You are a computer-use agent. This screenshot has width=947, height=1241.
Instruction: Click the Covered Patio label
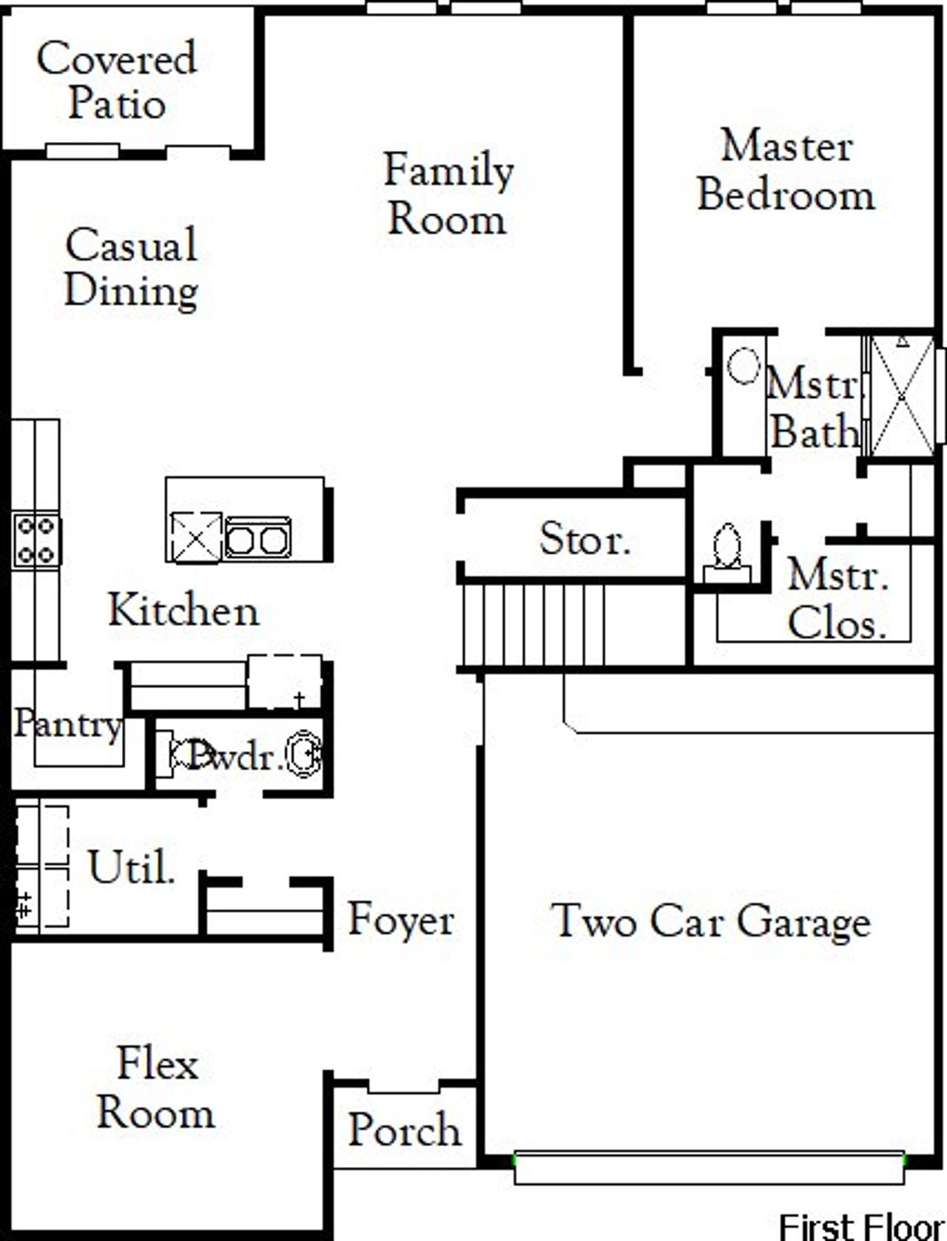(x=117, y=80)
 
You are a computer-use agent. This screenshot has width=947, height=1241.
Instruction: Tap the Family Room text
(x=448, y=194)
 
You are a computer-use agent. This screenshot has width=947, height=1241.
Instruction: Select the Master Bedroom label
(x=786, y=170)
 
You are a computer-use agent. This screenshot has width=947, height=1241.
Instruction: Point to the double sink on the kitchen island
(x=257, y=539)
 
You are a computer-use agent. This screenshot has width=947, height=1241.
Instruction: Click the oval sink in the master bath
(x=744, y=366)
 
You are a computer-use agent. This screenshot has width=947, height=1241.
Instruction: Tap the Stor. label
(x=584, y=539)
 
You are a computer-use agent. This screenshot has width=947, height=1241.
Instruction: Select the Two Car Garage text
(x=712, y=922)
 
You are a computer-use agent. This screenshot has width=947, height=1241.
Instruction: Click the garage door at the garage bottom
(x=709, y=1168)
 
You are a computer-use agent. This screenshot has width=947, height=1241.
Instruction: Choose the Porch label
(x=404, y=1130)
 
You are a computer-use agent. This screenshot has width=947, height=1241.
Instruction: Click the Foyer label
(x=401, y=920)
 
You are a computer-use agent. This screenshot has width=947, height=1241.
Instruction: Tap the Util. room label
(x=132, y=867)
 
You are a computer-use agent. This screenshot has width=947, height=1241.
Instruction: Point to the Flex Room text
(x=157, y=1088)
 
